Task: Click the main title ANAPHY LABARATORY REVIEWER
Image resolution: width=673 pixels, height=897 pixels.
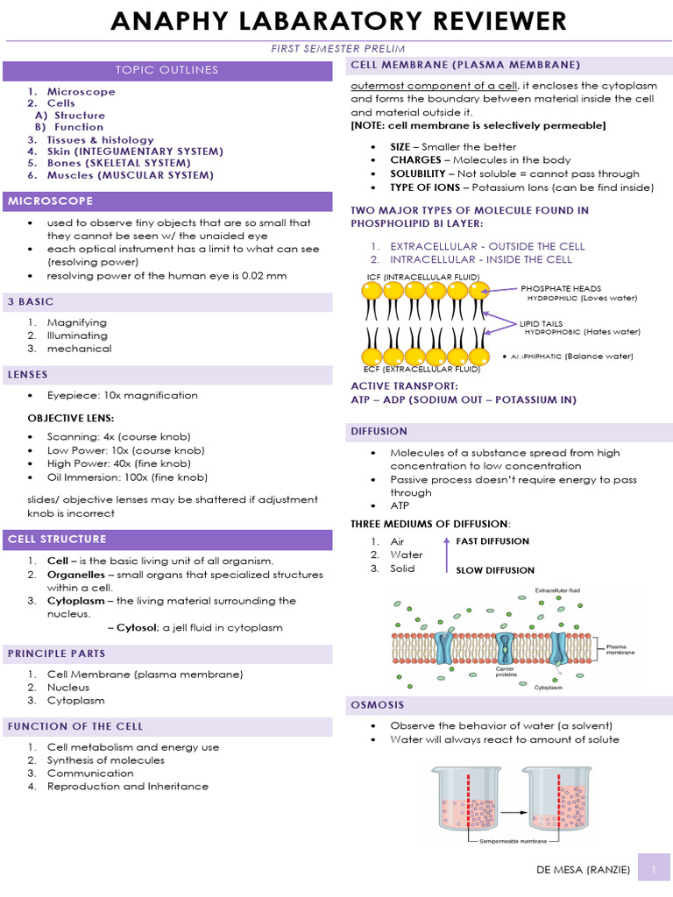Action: pyautogui.click(x=337, y=21)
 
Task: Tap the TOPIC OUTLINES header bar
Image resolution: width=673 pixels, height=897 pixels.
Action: pyautogui.click(x=167, y=70)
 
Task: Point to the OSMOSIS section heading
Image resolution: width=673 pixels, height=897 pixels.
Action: pyautogui.click(x=378, y=704)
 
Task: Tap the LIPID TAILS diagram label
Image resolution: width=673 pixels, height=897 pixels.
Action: pyautogui.click(x=541, y=323)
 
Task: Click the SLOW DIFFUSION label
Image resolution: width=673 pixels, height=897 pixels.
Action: pyautogui.click(x=495, y=570)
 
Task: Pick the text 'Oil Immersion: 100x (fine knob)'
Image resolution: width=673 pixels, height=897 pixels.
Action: pyautogui.click(x=127, y=477)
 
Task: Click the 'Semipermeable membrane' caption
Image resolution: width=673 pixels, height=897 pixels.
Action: pyautogui.click(x=513, y=842)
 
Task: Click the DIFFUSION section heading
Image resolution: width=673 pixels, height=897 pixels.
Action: pyautogui.click(x=379, y=431)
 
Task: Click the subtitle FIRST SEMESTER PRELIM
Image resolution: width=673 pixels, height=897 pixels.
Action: pyautogui.click(x=337, y=48)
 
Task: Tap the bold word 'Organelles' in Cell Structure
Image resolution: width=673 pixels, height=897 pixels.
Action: pyautogui.click(x=78, y=575)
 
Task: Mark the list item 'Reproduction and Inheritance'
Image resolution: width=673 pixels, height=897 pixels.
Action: pyautogui.click(x=128, y=786)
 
